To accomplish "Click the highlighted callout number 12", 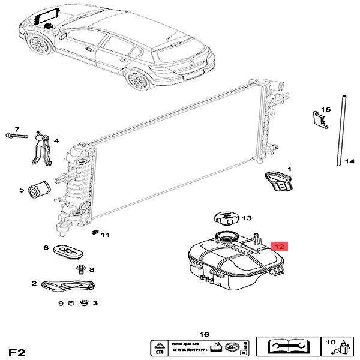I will [x=280, y=246].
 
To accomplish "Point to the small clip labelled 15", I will [x=320, y=119].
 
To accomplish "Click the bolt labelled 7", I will [x=19, y=136].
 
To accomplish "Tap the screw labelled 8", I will [x=82, y=269].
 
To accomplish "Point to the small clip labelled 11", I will [x=94, y=232].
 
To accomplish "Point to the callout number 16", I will [x=203, y=334].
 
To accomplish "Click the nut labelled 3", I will [x=83, y=304].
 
